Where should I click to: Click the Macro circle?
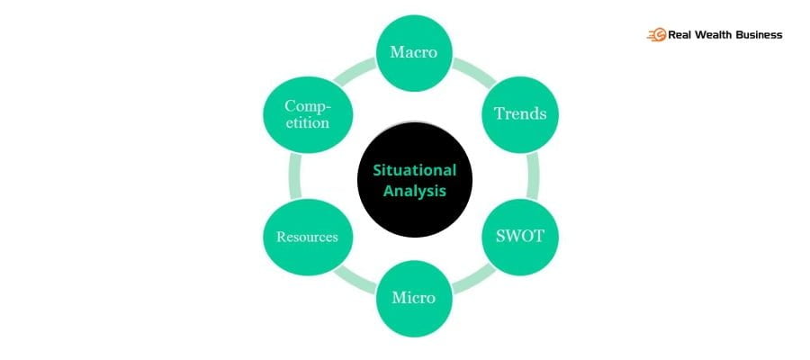[x=414, y=51]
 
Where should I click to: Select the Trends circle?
[x=520, y=114]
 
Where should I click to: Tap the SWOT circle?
[x=520, y=237]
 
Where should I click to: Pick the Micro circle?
[x=414, y=297]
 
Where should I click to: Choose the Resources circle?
[x=307, y=237]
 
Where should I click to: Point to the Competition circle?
[x=307, y=114]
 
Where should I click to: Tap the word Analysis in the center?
[x=414, y=191]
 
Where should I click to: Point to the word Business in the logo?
[x=758, y=35]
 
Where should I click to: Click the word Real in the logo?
[x=679, y=35]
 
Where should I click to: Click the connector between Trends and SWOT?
[x=533, y=175]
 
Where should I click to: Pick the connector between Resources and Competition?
[x=293, y=175]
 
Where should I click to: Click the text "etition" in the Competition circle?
[x=307, y=123]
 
